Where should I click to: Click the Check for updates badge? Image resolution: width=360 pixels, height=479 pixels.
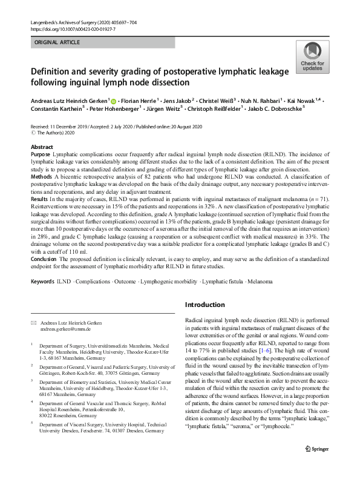[x=312, y=58]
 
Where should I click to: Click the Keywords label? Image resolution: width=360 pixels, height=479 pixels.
[x=43, y=282]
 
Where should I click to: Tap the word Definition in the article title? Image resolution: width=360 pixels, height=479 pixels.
[x=56, y=73]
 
